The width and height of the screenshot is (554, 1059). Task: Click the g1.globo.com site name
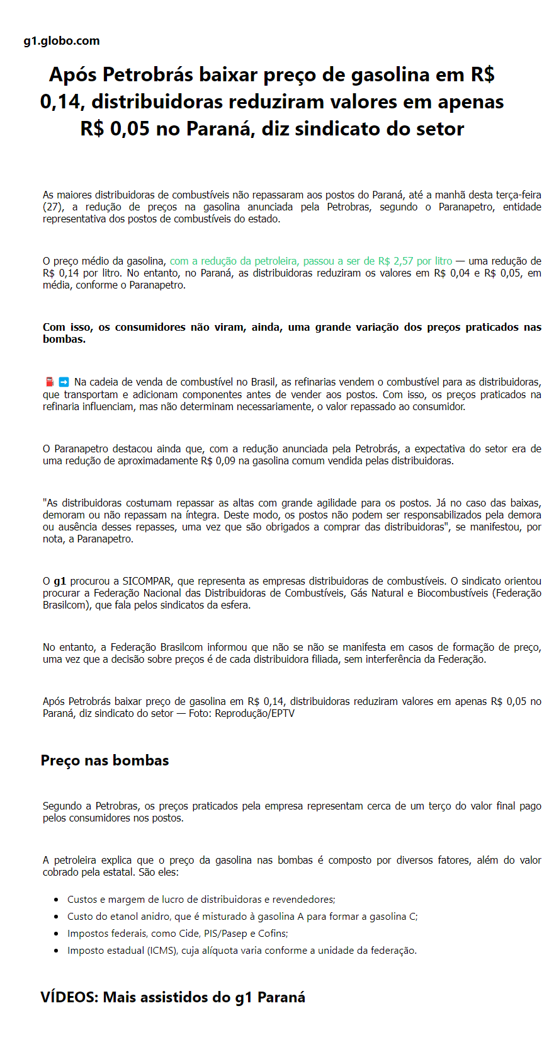(62, 41)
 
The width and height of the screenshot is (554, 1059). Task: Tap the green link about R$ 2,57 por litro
(311, 261)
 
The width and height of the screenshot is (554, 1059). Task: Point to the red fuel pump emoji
(50, 382)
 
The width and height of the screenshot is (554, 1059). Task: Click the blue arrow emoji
(64, 382)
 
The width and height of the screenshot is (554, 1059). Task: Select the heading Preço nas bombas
(105, 760)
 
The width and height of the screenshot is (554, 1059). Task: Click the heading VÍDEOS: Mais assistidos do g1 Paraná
(172, 997)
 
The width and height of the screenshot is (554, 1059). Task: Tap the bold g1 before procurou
(60, 581)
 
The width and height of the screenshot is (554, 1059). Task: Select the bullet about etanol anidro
(242, 917)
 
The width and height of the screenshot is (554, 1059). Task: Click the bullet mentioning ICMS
(242, 951)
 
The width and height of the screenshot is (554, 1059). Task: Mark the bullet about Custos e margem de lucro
(201, 900)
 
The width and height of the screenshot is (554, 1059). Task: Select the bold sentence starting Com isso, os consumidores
(291, 333)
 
